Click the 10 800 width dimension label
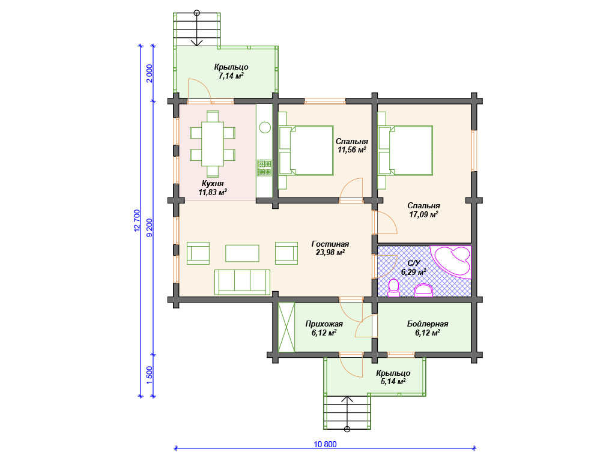click(325, 444)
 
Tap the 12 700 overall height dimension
click(137, 220)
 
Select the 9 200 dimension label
click(150, 227)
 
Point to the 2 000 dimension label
click(150, 73)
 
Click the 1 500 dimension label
click(150, 376)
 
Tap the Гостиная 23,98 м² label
click(330, 248)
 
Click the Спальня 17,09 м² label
click(423, 209)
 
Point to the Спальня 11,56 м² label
click(352, 145)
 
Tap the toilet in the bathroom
click(393, 288)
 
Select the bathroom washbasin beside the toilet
click(423, 290)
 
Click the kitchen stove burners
click(264, 167)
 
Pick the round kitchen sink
click(265, 127)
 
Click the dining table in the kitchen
click(213, 144)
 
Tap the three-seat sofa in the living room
click(243, 282)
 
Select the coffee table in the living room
click(243, 253)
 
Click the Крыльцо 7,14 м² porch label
click(231, 71)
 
